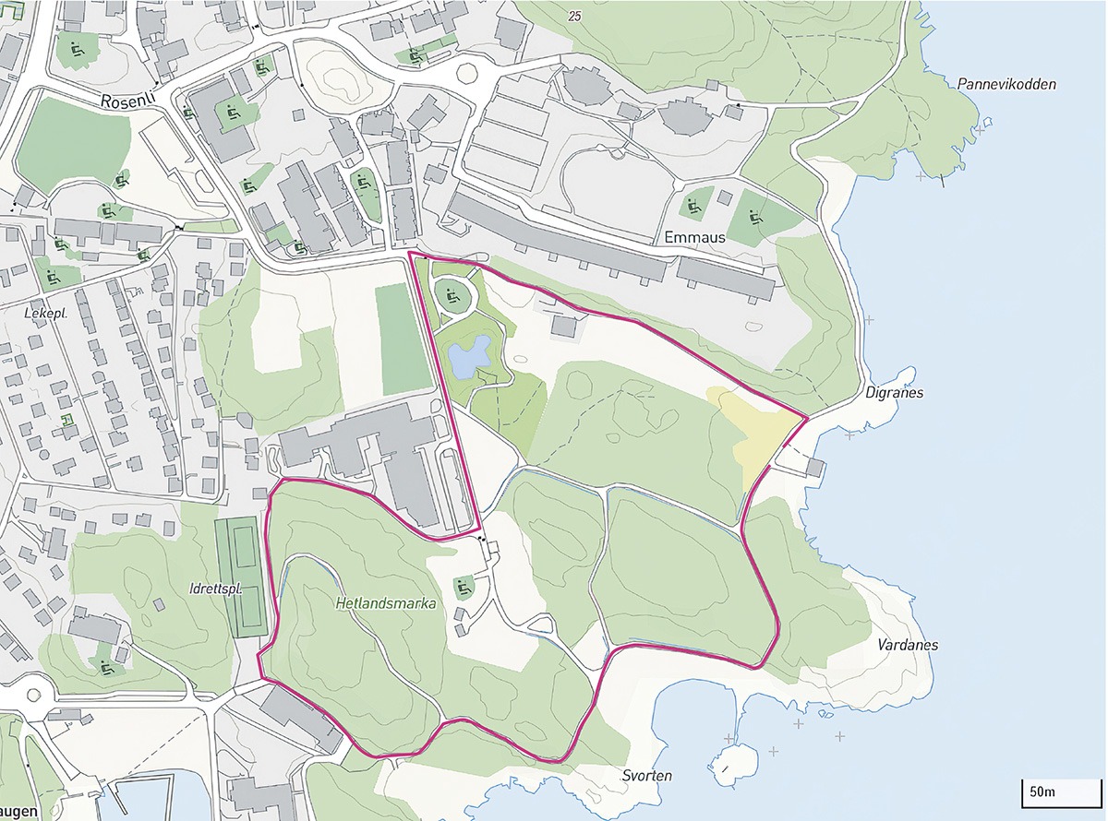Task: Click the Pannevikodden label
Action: point(1006,84)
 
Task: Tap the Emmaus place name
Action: point(694,237)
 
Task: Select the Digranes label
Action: point(895,392)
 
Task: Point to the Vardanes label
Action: point(909,645)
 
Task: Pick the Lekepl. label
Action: point(43,313)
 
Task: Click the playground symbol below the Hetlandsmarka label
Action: point(464,585)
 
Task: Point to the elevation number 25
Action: point(576,16)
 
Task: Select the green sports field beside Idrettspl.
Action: point(241,577)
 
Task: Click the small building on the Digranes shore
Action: point(814,468)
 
